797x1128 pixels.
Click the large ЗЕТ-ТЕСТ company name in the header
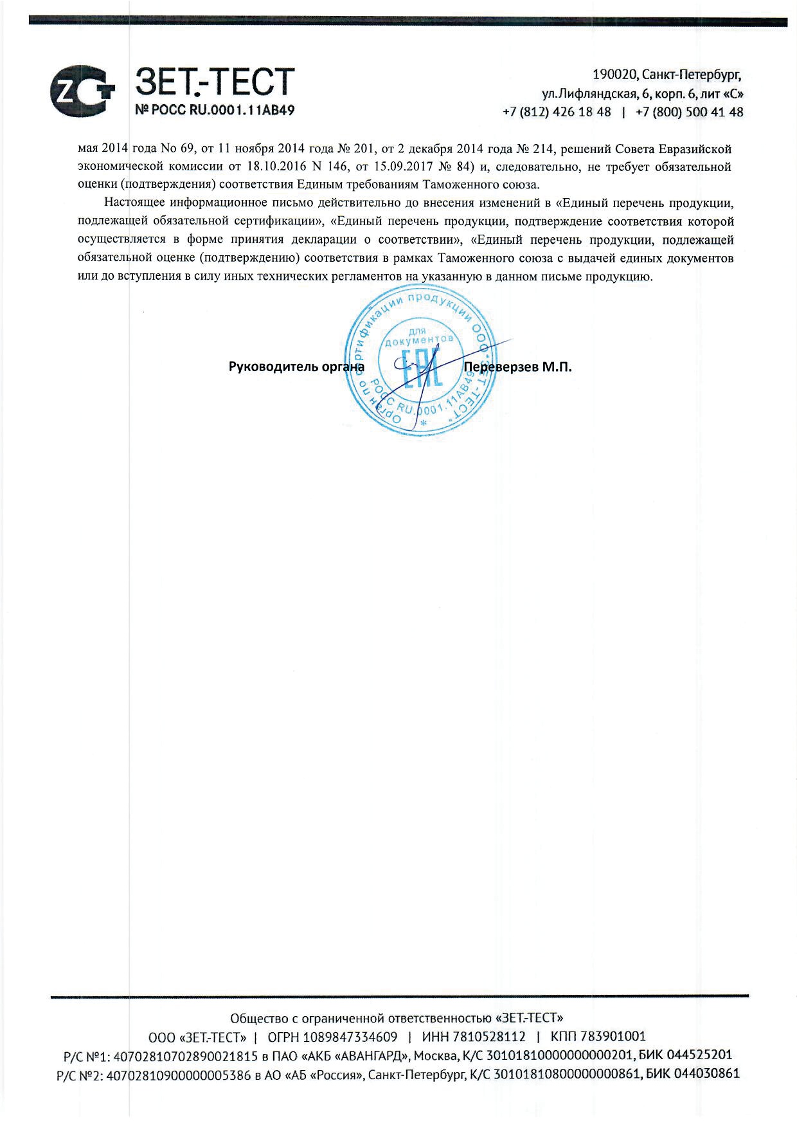[215, 82]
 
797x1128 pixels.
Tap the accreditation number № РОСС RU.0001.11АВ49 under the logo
[215, 110]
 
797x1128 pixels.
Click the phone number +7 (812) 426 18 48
[557, 112]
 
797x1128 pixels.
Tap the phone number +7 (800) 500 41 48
[689, 112]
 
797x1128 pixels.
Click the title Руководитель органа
[296, 367]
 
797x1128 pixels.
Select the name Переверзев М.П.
[517, 367]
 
